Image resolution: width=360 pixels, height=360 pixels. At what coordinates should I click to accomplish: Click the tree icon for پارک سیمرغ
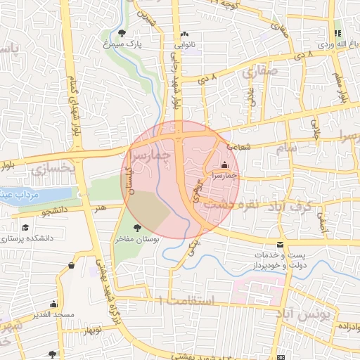[x=122, y=33]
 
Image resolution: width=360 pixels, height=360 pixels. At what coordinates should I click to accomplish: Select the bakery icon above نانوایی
[x=185, y=34]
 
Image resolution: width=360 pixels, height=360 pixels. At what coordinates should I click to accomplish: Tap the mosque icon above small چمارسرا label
[x=225, y=165]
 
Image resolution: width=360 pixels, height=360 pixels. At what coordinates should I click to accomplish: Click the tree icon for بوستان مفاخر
[x=136, y=227]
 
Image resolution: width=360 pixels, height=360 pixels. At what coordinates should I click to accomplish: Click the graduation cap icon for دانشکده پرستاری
[x=26, y=228]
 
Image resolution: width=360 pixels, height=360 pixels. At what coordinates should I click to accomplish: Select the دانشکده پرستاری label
[x=29, y=238]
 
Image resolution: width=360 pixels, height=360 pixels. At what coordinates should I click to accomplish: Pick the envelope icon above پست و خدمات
[x=281, y=245]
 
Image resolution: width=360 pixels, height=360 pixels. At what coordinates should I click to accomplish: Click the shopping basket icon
[x=72, y=265]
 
